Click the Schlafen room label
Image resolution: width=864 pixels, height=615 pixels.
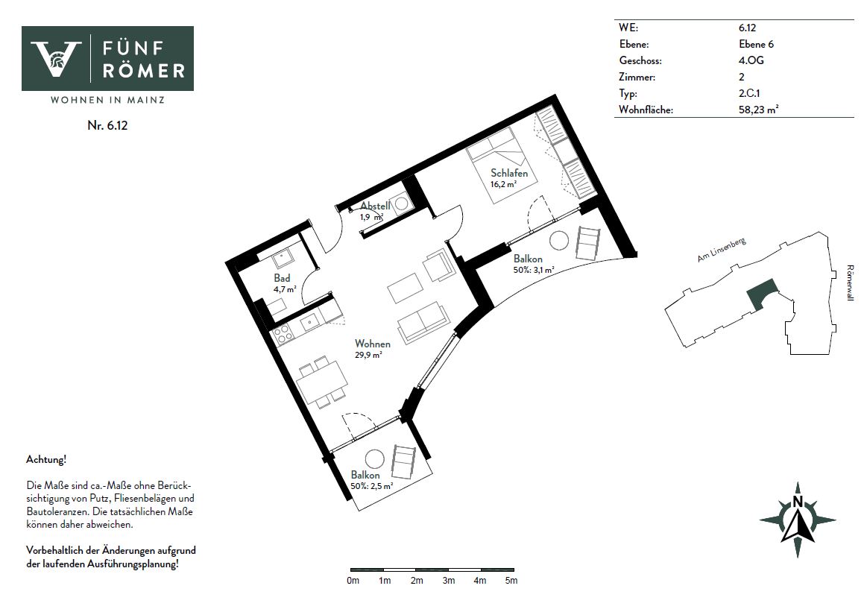point(509,173)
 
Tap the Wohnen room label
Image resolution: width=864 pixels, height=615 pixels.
point(373,344)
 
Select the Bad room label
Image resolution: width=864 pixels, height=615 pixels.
point(282,278)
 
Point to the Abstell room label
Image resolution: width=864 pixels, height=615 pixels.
point(375,206)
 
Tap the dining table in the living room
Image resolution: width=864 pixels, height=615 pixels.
point(322,381)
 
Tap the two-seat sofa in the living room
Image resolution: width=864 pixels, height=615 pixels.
point(424,323)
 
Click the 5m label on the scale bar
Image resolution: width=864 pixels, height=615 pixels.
point(511,581)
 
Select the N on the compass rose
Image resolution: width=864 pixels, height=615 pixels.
point(797,502)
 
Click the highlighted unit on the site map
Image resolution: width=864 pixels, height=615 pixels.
point(762,294)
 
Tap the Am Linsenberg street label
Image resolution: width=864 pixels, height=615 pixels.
point(722,250)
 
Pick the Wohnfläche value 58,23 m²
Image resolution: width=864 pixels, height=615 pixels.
point(758,110)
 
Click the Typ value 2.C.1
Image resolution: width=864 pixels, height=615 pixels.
point(749,93)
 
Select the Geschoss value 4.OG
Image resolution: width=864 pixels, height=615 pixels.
point(751,60)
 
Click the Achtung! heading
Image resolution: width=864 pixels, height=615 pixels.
point(46,460)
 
